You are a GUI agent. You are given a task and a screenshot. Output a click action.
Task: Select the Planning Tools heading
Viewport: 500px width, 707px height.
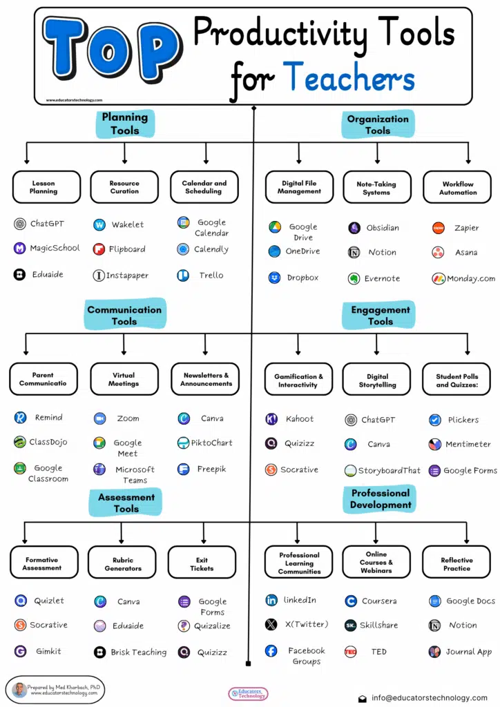[125, 124]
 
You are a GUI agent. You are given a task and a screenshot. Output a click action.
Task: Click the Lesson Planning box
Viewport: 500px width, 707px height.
[44, 187]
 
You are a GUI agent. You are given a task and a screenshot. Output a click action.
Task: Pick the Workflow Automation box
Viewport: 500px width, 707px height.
[458, 188]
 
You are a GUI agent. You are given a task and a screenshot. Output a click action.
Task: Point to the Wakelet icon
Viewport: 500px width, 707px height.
[99, 224]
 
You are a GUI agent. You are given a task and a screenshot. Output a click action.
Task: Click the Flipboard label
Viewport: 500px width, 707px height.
[128, 249]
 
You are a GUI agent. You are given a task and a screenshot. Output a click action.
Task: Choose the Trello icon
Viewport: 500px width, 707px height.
[182, 275]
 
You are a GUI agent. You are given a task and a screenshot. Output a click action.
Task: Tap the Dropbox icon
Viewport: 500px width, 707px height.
[274, 278]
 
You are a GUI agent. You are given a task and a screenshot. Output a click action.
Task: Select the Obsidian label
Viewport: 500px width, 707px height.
[383, 228]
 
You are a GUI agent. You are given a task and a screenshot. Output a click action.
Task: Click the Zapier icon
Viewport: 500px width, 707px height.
[438, 228]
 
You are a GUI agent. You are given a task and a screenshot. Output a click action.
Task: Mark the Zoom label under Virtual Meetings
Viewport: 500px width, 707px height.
[128, 418]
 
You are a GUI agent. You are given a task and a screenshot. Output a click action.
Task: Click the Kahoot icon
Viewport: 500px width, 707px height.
[271, 419]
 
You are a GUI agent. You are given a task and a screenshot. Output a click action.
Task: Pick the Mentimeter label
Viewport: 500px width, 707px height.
[468, 445]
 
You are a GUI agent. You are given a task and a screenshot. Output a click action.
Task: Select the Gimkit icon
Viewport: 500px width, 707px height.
[20, 651]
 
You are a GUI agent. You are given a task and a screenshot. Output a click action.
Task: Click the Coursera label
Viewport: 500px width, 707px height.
[378, 601]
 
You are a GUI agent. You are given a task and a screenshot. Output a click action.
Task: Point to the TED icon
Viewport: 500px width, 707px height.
[351, 652]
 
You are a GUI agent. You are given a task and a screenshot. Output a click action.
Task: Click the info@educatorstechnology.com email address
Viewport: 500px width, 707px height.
[428, 698]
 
